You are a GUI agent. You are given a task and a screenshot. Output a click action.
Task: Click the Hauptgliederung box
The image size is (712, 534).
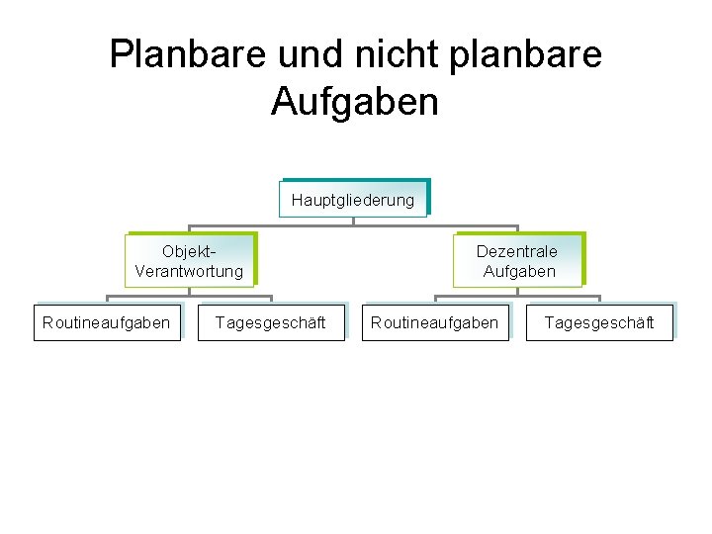coord(353,200)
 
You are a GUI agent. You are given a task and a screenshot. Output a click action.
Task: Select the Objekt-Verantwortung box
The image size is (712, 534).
coord(189,261)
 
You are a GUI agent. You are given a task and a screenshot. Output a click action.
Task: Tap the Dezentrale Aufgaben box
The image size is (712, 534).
coord(518,261)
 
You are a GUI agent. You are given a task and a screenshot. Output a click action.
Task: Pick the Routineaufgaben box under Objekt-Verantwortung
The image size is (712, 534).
coord(107,322)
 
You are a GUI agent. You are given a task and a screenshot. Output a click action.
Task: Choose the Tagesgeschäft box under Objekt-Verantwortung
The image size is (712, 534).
coord(270,322)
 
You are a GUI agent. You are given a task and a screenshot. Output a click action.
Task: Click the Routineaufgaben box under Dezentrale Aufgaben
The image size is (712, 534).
coord(435,322)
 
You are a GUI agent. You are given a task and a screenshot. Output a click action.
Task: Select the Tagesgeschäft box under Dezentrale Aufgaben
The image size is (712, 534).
coord(599,322)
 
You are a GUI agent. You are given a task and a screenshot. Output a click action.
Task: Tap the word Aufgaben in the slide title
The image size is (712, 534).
coord(354,101)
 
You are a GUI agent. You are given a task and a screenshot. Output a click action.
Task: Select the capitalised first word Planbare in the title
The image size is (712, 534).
coord(165,53)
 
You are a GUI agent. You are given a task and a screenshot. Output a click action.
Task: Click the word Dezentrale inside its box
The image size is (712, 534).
coord(517,251)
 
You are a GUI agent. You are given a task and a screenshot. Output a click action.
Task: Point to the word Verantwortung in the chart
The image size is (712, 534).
coord(189,271)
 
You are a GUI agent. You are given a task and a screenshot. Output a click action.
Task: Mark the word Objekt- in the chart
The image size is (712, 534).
coord(189,251)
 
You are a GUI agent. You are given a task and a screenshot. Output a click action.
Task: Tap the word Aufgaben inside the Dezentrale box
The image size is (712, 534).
coord(519,271)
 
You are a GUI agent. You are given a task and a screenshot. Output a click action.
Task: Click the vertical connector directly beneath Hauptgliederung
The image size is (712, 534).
coord(353,221)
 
